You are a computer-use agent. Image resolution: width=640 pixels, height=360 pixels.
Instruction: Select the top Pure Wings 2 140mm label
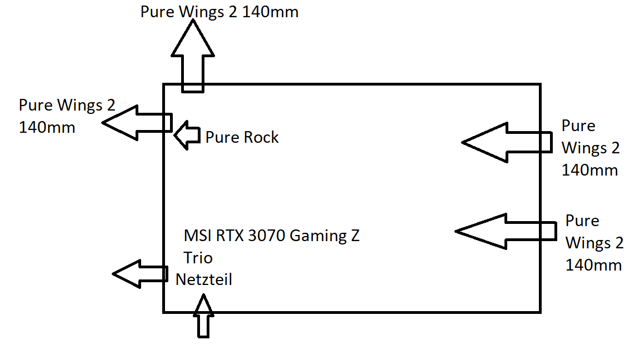point(219,12)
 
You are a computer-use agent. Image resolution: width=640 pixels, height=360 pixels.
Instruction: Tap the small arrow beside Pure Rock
point(187,135)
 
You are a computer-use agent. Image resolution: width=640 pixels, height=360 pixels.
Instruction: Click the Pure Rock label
point(242,137)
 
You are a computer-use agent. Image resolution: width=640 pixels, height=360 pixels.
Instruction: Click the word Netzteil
point(204,279)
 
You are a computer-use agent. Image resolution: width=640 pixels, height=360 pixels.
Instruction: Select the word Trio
point(198,258)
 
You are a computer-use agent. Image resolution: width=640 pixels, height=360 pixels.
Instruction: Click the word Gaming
point(319,236)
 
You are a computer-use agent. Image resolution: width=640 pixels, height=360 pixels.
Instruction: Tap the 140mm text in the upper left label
point(47,127)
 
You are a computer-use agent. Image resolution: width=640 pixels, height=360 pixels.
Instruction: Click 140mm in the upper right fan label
point(589,170)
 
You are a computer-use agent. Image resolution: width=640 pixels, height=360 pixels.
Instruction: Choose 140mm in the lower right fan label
point(593,265)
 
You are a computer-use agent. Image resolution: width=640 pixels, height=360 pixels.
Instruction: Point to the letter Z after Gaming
point(354,236)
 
